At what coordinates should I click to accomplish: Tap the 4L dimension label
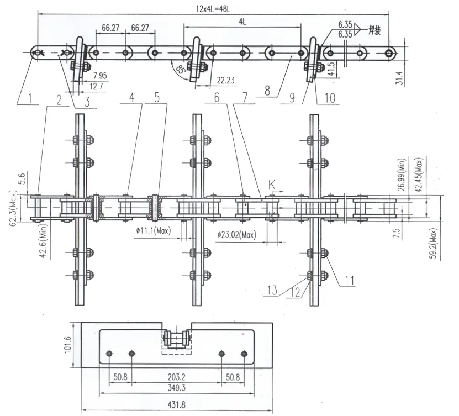(242, 21)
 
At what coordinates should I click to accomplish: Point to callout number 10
(330, 98)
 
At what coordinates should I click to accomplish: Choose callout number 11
(348, 280)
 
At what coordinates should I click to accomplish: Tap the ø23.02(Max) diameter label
(237, 235)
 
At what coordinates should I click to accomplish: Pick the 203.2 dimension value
(177, 377)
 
